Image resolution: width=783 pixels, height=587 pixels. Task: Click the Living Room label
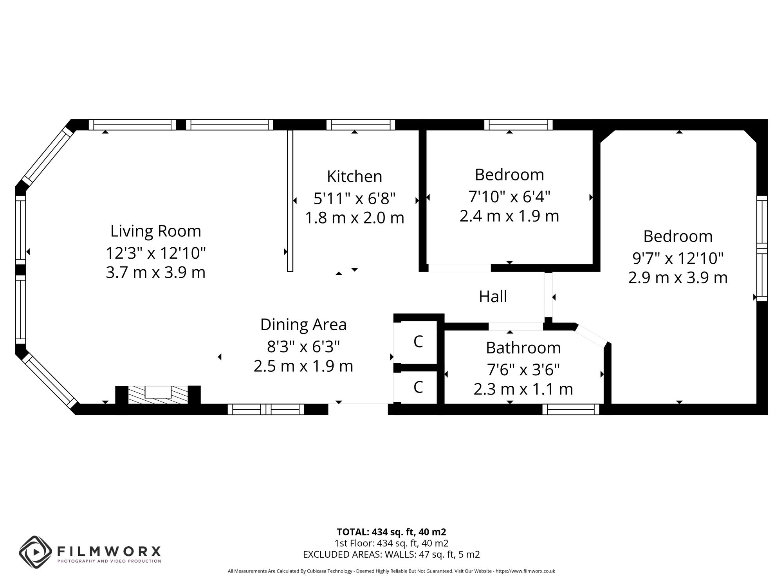pos(155,231)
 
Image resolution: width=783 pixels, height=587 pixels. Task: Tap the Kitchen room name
pos(354,176)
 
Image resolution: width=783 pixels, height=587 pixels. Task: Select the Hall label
pos(493,297)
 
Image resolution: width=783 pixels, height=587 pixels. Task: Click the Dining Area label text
pos(303,324)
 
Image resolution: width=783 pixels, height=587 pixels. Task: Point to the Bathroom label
pos(523,348)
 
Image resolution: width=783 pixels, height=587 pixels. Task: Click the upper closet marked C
pos(418,342)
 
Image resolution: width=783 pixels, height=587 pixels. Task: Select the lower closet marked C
pos(418,387)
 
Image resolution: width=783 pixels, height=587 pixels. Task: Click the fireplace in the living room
pos(158,393)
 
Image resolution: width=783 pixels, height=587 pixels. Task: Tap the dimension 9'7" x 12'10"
pos(678,258)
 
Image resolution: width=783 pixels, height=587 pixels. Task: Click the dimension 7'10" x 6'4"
pos(509,196)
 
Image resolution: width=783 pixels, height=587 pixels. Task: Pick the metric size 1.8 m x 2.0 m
pos(354,218)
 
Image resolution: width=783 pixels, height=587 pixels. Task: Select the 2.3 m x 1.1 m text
pos(523,389)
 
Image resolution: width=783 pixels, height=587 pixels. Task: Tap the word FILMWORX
pos(109,551)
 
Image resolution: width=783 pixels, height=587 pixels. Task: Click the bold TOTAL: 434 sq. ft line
pos(391,532)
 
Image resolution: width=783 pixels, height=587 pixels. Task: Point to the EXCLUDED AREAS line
pos(391,554)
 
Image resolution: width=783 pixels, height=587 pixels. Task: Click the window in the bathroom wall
pos(571,409)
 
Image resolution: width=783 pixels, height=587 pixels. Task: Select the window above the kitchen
pos(361,125)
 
